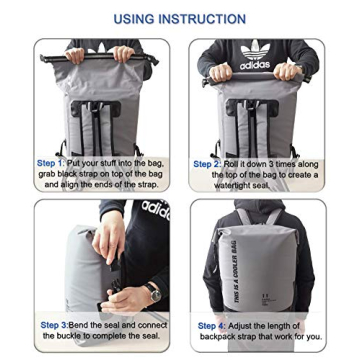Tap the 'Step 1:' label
(x=51, y=163)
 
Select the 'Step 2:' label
(x=207, y=163)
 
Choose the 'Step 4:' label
(x=212, y=325)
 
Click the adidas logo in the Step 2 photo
(x=255, y=55)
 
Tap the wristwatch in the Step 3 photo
(x=150, y=291)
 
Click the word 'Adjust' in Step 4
(x=240, y=325)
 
